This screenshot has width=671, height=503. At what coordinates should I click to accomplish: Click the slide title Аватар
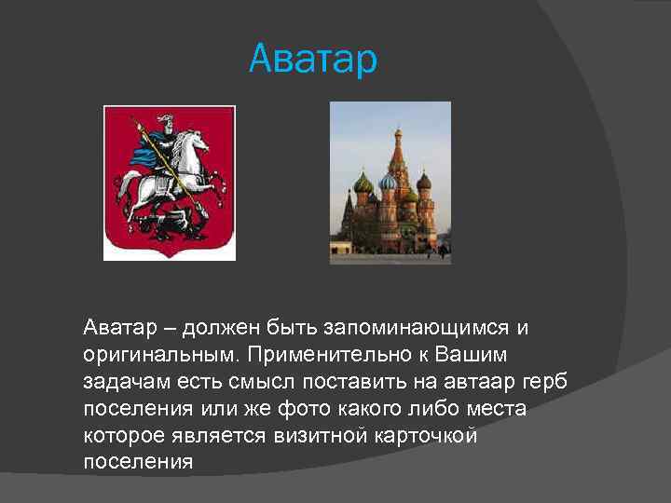coord(313,61)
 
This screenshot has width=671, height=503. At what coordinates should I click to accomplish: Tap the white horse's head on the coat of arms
coord(197,142)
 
